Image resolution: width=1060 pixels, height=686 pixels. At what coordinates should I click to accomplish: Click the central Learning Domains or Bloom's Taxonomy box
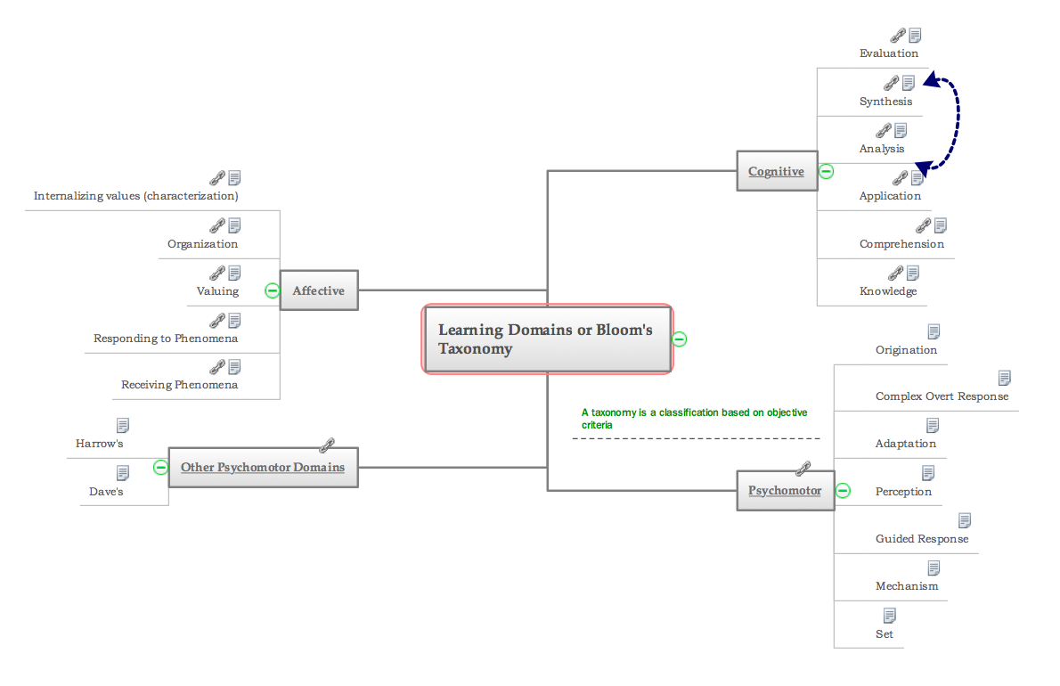click(546, 339)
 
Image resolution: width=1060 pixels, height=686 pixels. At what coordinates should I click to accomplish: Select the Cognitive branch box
click(777, 171)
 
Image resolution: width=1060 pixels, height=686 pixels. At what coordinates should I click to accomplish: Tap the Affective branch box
click(319, 290)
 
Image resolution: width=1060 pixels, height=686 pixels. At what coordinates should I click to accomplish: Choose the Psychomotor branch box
click(785, 490)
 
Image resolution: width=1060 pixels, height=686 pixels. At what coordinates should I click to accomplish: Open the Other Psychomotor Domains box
click(263, 467)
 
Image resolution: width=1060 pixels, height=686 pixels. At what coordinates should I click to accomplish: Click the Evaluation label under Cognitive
click(888, 53)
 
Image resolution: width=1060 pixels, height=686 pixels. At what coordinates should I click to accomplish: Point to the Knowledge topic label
click(887, 291)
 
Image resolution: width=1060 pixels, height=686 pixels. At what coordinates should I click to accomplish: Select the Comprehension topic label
click(901, 244)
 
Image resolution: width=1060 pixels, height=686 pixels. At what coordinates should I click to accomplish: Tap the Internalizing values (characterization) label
click(135, 195)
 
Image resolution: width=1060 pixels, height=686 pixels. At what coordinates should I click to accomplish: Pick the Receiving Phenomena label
click(180, 385)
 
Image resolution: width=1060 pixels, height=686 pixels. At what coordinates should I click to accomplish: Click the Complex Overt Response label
click(942, 396)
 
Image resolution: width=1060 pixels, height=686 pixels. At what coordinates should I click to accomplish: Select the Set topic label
click(884, 634)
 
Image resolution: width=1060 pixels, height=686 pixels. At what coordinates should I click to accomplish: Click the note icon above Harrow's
click(123, 426)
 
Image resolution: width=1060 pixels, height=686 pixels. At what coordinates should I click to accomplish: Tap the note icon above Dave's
click(123, 473)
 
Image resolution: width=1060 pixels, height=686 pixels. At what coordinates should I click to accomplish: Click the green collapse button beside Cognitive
click(826, 171)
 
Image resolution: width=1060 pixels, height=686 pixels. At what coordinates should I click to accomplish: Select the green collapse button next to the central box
click(680, 339)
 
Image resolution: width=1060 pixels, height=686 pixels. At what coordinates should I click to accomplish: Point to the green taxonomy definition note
click(694, 419)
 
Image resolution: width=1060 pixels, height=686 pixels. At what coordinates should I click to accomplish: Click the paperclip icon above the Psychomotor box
click(803, 467)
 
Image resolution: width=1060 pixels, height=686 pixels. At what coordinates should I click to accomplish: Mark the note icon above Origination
click(934, 331)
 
